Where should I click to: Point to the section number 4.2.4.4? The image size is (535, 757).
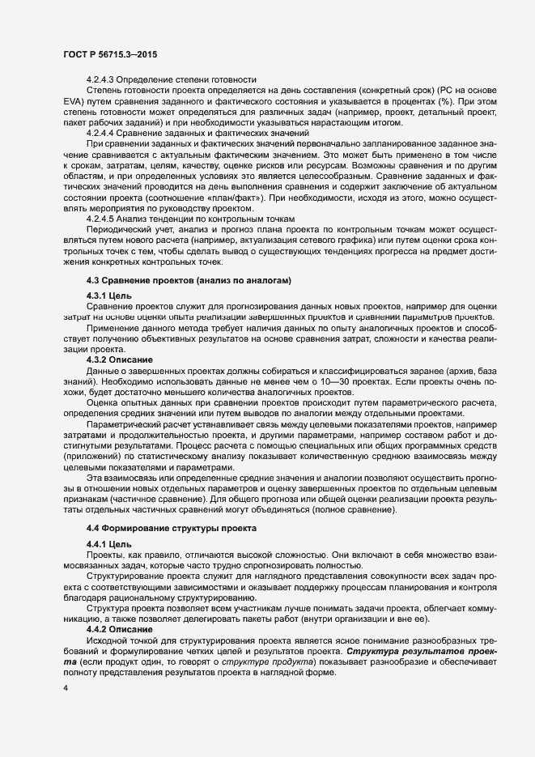click(x=101, y=131)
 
